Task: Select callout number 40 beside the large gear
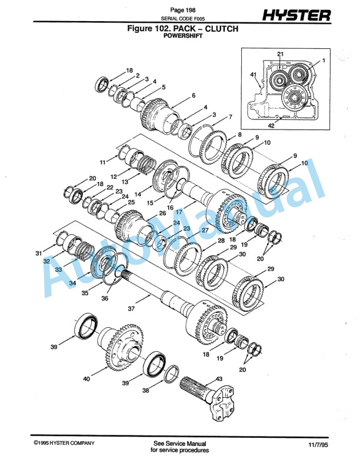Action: click(86, 380)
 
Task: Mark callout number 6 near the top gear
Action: click(193, 96)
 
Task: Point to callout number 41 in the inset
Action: click(253, 75)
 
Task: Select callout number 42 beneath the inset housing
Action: click(272, 125)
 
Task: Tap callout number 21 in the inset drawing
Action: click(281, 54)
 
